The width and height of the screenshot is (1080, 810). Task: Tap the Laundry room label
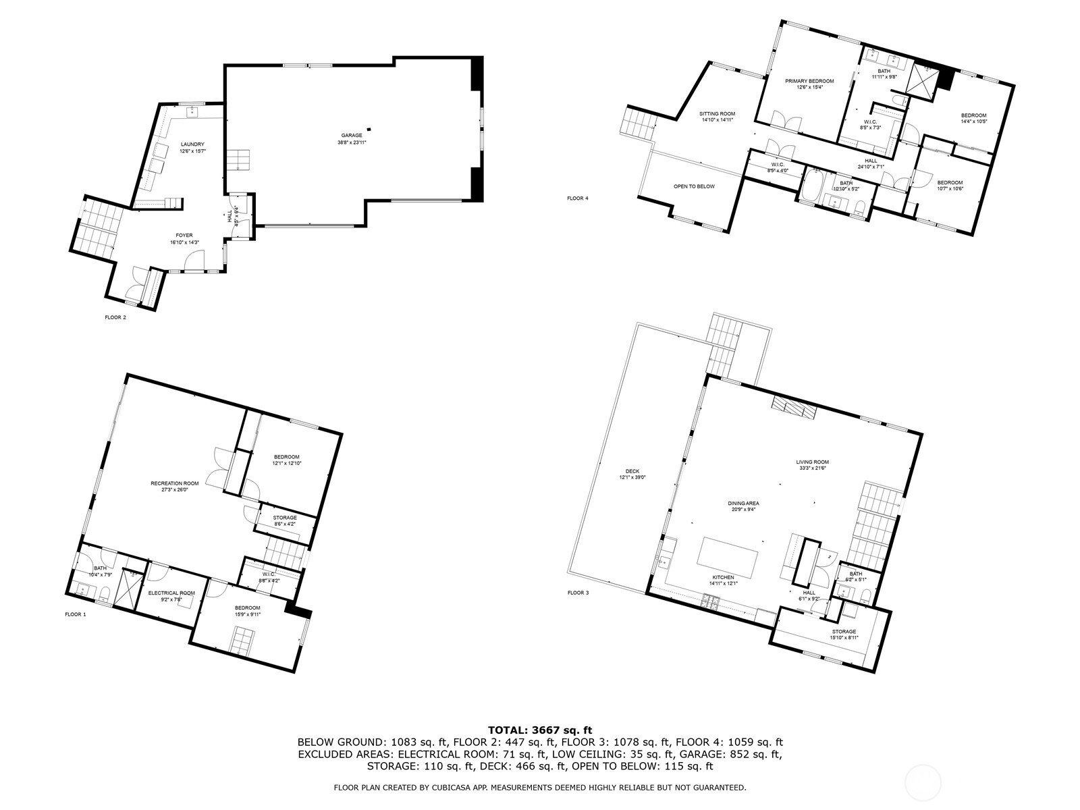click(x=192, y=144)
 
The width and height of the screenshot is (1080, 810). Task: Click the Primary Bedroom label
click(x=809, y=81)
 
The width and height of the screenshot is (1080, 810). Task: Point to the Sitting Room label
click(x=717, y=114)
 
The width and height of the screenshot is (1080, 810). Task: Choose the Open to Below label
click(x=693, y=186)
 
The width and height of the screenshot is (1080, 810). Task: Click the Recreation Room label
click(x=174, y=483)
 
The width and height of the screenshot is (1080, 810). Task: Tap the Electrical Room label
click(x=171, y=593)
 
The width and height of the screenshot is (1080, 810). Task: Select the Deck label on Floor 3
click(x=632, y=472)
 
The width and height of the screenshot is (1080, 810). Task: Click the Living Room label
click(x=812, y=462)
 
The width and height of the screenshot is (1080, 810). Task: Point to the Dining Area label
click(x=743, y=504)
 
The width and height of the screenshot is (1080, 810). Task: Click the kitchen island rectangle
click(x=728, y=553)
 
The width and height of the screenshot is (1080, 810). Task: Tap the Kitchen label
click(x=722, y=578)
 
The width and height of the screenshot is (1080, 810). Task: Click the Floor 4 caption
click(x=578, y=198)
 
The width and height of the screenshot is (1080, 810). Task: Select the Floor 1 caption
click(x=76, y=614)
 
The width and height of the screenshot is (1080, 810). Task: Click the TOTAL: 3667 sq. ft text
click(x=539, y=730)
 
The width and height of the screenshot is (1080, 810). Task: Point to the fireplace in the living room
click(x=794, y=408)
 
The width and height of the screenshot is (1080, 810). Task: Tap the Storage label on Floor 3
click(x=844, y=632)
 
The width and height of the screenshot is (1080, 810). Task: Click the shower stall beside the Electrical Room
click(x=126, y=588)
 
